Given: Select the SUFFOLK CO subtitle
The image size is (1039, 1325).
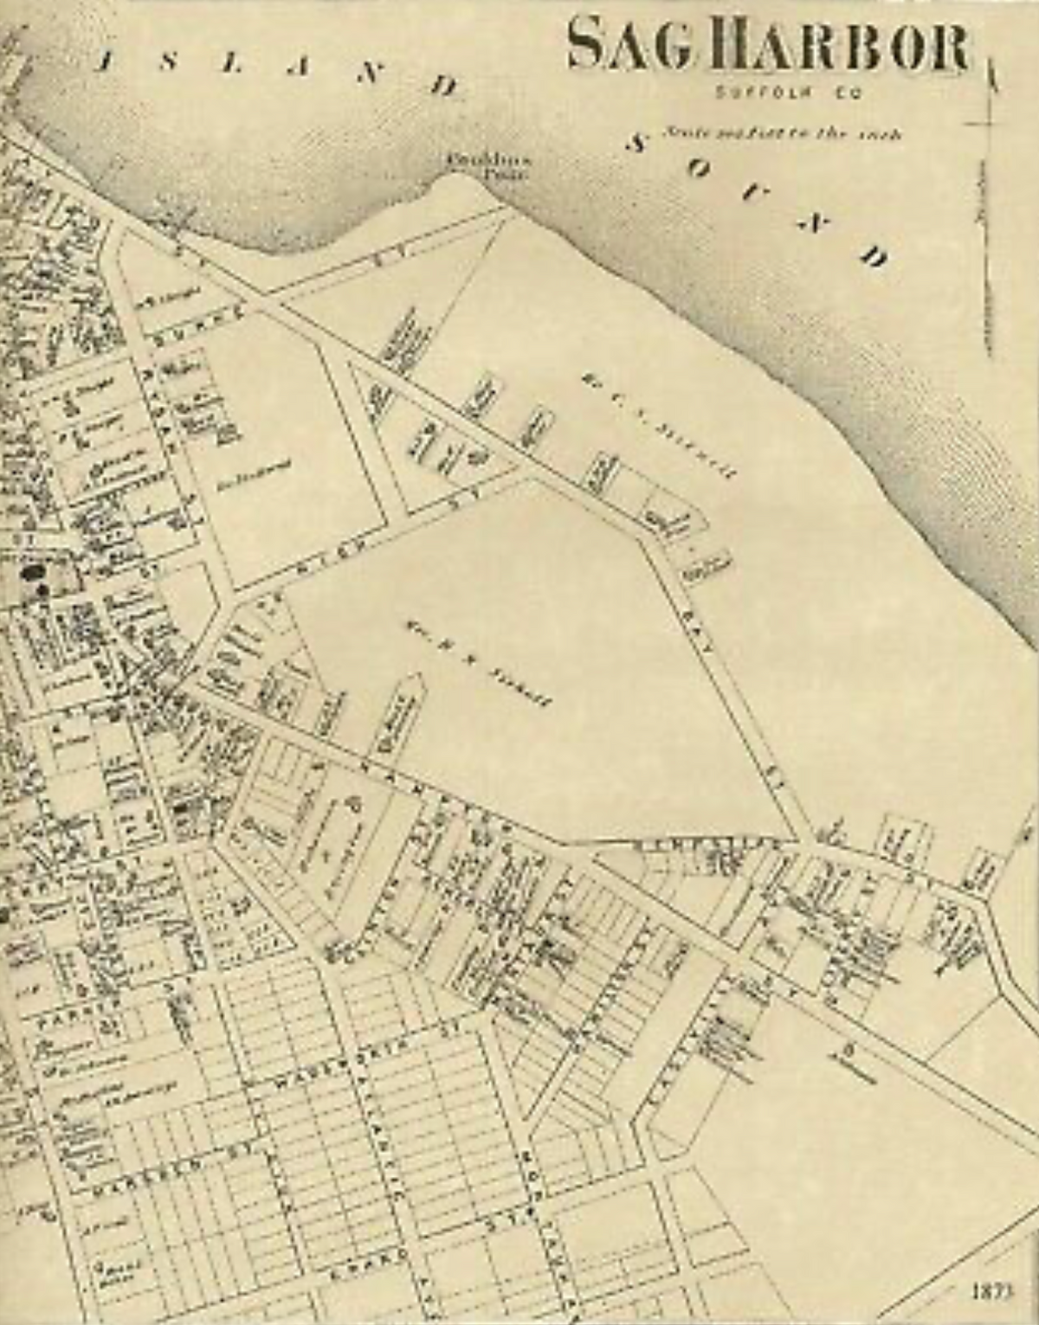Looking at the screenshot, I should (x=785, y=92).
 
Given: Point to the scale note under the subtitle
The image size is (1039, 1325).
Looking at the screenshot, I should (x=783, y=134).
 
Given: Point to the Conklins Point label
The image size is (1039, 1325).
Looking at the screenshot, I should (x=477, y=164).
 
